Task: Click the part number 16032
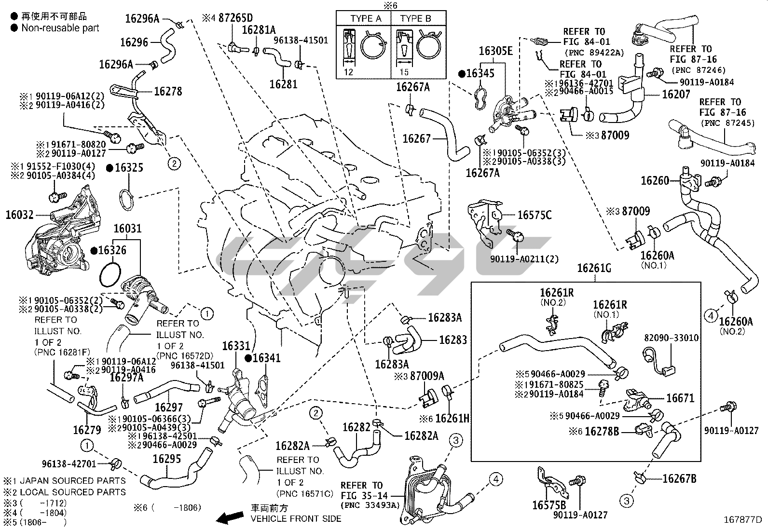click(x=19, y=215)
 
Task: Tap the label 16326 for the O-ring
click(x=112, y=250)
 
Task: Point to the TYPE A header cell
click(x=366, y=19)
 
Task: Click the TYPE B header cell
click(x=415, y=19)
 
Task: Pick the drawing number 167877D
click(x=742, y=520)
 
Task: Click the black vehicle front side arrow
click(x=229, y=518)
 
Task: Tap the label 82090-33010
click(x=671, y=338)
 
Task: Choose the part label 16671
click(x=680, y=398)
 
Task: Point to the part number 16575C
click(x=534, y=215)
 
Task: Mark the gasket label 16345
click(x=480, y=74)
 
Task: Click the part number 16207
click(x=676, y=94)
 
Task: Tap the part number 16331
click(x=236, y=346)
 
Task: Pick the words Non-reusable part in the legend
click(x=60, y=28)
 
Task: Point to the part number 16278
click(x=168, y=91)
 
